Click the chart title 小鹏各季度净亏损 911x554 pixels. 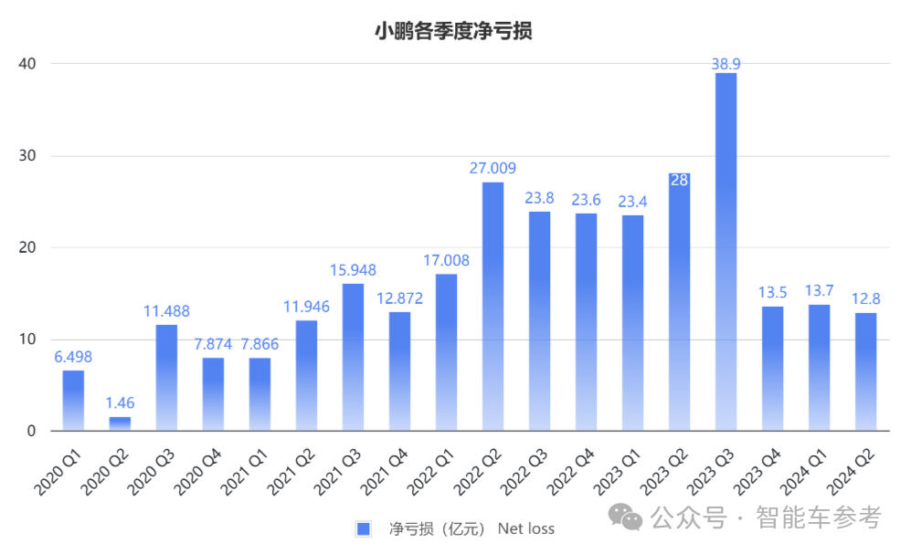[x=454, y=31]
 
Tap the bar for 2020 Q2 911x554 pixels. [x=120, y=423]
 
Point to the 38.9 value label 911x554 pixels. [x=726, y=63]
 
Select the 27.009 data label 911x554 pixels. [x=493, y=168]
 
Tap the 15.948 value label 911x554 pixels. [x=353, y=270]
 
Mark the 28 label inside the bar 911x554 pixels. [x=679, y=181]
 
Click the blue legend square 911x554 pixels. [x=363, y=528]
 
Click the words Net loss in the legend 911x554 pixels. [x=525, y=528]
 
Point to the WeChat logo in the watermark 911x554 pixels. [x=630, y=518]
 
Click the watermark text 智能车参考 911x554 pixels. [x=818, y=518]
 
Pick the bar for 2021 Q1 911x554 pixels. [x=260, y=393]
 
